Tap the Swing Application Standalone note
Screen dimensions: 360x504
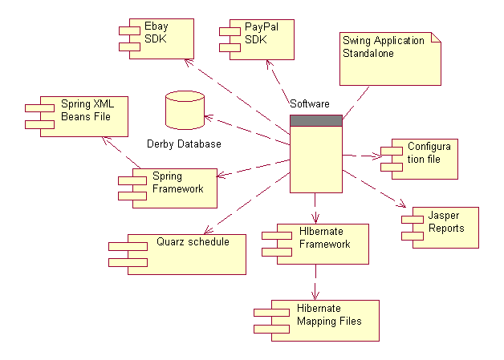point(390,57)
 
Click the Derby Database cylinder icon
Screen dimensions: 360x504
point(184,110)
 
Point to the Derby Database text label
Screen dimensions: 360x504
point(184,144)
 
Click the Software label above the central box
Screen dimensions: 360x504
point(309,104)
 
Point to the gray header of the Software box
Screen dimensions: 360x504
point(315,120)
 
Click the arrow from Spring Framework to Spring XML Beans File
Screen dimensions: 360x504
point(120,153)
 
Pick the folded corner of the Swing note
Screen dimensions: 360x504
point(436,38)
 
